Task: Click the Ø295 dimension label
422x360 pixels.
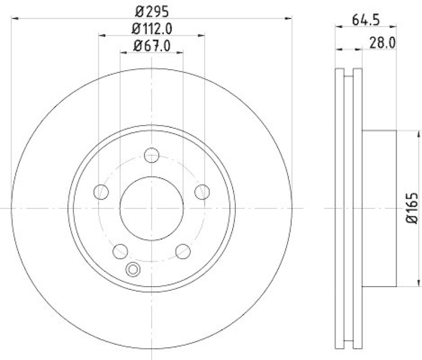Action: tap(152, 10)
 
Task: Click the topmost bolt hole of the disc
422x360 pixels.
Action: tap(152, 156)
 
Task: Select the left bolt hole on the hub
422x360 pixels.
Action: tap(101, 192)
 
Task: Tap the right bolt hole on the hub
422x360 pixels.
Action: tap(202, 192)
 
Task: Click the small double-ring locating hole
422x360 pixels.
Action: tap(133, 270)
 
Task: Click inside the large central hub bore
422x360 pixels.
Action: tap(152, 207)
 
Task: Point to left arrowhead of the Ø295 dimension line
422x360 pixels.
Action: tap(15, 18)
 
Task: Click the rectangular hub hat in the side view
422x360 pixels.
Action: tap(379, 209)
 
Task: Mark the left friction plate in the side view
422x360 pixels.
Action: tap(340, 209)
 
